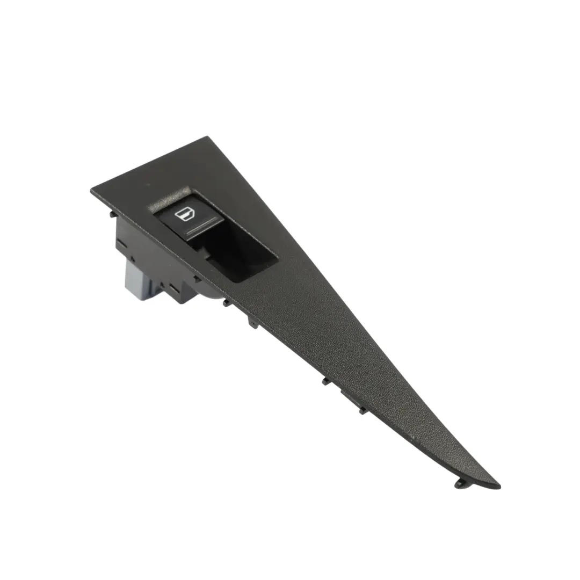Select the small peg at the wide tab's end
363,410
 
